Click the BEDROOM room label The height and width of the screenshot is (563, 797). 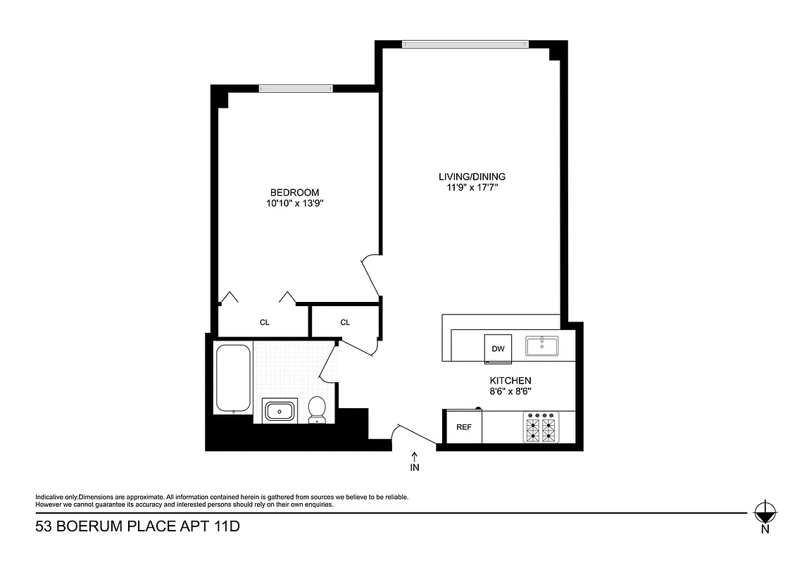pyautogui.click(x=294, y=192)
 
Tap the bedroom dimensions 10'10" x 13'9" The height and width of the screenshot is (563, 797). pyautogui.click(x=294, y=203)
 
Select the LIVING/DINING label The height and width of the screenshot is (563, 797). pyautogui.click(x=471, y=177)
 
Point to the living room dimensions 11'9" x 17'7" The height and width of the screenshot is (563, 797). pyautogui.click(x=471, y=188)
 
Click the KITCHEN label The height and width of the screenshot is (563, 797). pyautogui.click(x=510, y=380)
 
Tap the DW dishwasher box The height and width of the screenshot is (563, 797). pyautogui.click(x=498, y=348)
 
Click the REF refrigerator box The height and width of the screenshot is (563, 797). pyautogui.click(x=463, y=427)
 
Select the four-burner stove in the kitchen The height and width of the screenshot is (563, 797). pyautogui.click(x=541, y=427)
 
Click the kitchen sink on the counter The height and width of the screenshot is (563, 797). pyautogui.click(x=541, y=346)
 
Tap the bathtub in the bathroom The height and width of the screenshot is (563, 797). pyautogui.click(x=233, y=378)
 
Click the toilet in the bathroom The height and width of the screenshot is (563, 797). pyautogui.click(x=318, y=410)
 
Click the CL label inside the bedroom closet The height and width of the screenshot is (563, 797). pyautogui.click(x=265, y=322)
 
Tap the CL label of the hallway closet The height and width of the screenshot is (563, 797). pyautogui.click(x=345, y=322)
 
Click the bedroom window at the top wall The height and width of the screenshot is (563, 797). pyautogui.click(x=295, y=88)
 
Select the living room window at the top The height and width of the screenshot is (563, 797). pyautogui.click(x=465, y=44)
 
